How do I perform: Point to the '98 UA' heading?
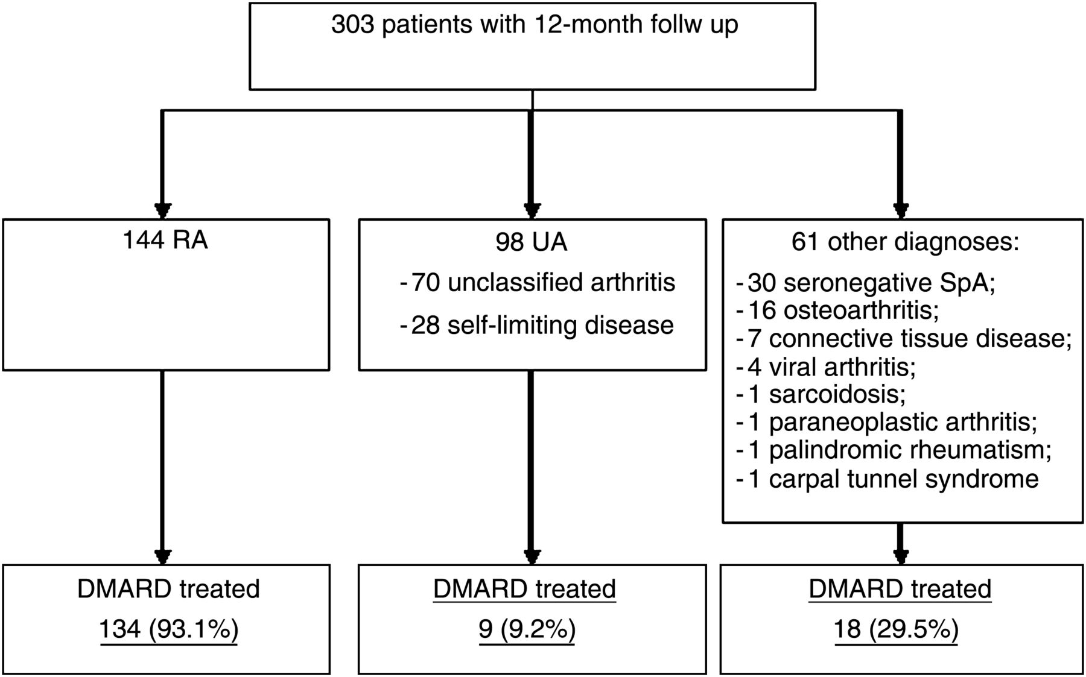tap(532, 242)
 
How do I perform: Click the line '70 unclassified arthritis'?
tap(543, 282)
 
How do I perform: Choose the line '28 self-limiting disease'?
tap(542, 325)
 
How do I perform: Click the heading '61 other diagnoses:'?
tap(905, 242)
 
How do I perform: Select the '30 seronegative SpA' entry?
tap(871, 283)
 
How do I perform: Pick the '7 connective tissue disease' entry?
tap(908, 338)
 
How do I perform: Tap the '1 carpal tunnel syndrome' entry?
tap(893, 479)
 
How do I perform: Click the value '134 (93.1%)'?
tap(169, 629)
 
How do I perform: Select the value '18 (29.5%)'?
tap(897, 629)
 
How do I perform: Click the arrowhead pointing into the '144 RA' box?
tap(163, 210)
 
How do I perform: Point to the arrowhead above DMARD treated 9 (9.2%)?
tap(532, 556)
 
